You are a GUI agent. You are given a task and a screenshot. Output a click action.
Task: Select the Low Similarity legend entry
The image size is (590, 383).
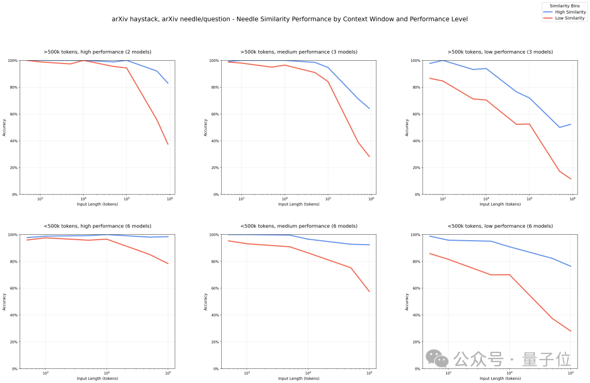point(570,18)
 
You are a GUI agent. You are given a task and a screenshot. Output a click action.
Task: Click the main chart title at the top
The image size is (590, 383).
point(289,19)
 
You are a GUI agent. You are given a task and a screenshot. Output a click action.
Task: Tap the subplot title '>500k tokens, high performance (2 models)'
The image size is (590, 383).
point(97,52)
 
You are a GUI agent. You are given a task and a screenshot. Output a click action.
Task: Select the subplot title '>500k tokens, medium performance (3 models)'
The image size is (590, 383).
point(299,52)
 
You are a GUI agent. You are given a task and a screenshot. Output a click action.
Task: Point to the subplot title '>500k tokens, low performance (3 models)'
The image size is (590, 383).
point(500,52)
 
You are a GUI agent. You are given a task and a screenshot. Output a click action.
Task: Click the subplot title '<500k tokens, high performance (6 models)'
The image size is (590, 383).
point(97,226)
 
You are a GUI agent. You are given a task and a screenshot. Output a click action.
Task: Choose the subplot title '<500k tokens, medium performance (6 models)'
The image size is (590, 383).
point(299,226)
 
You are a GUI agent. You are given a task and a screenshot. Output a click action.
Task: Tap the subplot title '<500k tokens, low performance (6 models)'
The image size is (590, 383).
point(500,226)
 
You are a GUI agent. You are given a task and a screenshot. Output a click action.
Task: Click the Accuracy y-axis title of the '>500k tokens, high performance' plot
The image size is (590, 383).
point(4,127)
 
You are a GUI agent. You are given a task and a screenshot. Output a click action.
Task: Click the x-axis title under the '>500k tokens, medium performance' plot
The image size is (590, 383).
point(299,204)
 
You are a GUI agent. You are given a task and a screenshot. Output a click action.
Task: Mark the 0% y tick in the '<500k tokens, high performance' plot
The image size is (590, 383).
point(13,369)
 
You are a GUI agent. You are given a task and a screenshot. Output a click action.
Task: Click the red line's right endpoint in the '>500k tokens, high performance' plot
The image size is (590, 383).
point(168,144)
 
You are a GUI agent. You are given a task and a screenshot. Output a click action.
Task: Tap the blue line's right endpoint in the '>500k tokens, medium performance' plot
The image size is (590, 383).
point(370,108)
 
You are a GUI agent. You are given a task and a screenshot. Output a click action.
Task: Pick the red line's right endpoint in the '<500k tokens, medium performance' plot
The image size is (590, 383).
point(370,292)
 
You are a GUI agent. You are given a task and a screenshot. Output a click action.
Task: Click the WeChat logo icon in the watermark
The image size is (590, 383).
point(438,358)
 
